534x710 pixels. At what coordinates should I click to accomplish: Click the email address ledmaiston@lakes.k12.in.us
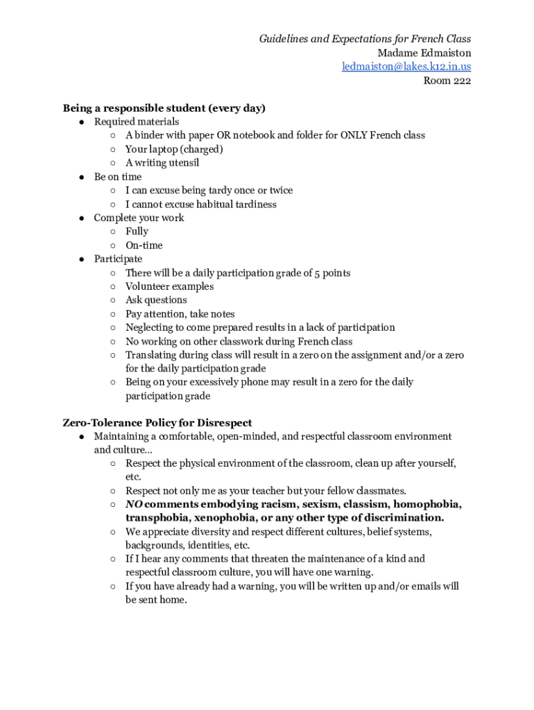(406, 67)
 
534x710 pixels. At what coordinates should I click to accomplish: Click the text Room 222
(447, 80)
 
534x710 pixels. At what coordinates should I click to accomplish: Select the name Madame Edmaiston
(424, 53)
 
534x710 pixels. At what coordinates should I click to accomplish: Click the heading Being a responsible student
(164, 108)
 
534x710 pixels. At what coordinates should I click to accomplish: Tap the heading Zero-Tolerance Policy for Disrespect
(157, 423)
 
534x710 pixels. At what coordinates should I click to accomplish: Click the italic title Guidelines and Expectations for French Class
(365, 39)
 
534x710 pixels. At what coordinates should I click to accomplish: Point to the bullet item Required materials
(137, 122)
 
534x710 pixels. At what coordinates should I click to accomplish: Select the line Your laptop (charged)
(174, 149)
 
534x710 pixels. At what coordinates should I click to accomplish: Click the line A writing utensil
(162, 163)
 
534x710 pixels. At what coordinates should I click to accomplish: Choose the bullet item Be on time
(118, 177)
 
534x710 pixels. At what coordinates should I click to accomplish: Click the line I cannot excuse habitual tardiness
(201, 205)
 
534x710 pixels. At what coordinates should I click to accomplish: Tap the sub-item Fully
(137, 232)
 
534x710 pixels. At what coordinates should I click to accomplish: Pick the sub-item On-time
(144, 245)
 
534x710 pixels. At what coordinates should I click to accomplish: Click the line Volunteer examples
(169, 286)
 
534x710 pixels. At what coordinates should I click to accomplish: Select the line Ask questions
(156, 300)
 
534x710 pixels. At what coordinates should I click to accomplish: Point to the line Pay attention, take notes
(180, 314)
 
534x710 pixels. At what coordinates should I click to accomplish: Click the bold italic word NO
(134, 504)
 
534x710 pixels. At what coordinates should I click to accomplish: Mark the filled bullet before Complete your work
(81, 218)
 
